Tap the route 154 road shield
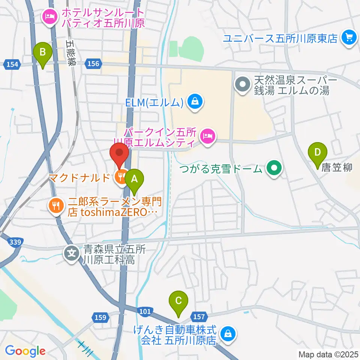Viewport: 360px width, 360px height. [x=12, y=64]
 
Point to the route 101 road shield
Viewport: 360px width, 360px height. [x=146, y=311]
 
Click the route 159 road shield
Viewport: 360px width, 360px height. [x=100, y=318]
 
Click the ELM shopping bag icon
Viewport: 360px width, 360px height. [x=195, y=102]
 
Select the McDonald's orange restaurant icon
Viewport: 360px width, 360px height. [x=121, y=176]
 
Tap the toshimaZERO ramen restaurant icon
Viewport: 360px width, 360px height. [x=55, y=205]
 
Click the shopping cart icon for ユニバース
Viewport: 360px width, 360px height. [x=349, y=38]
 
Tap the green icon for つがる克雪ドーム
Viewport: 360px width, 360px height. [x=274, y=169]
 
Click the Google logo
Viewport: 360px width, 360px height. [x=25, y=351]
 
